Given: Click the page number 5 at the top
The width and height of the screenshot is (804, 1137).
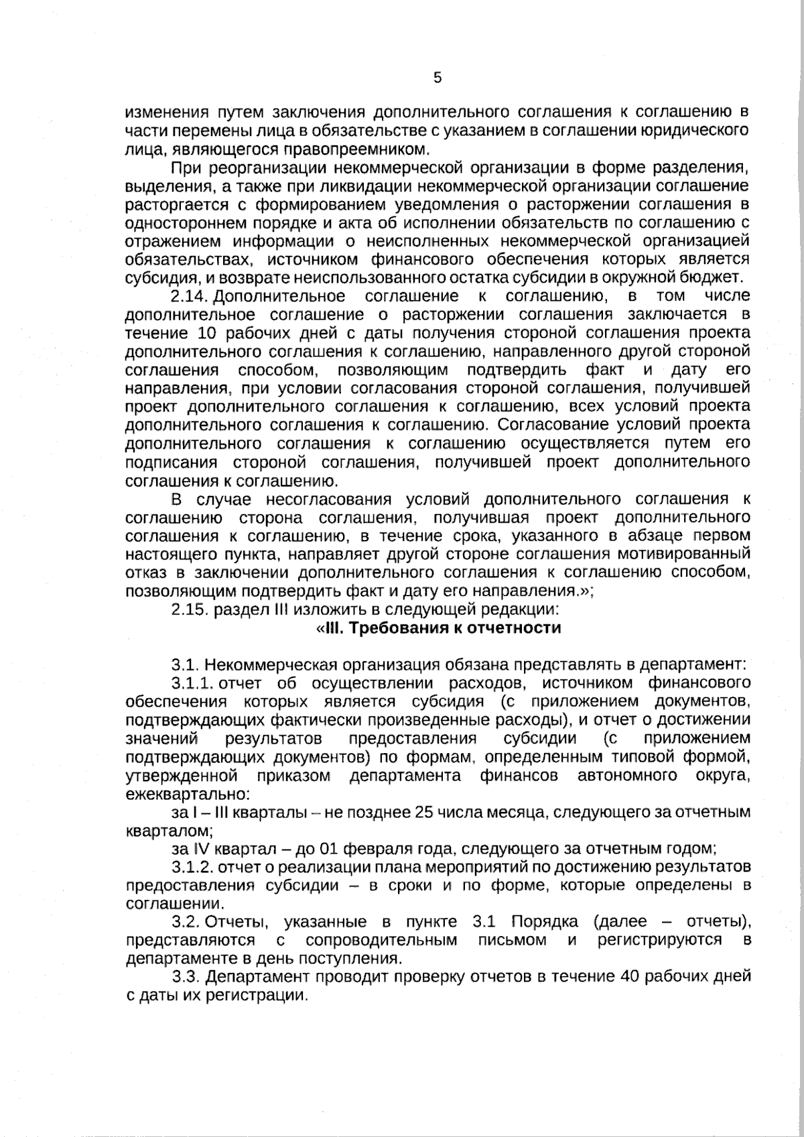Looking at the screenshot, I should point(437,78).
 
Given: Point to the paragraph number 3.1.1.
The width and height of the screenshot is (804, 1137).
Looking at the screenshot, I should point(192,683).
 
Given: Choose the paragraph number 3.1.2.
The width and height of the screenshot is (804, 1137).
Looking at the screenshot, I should point(192,867).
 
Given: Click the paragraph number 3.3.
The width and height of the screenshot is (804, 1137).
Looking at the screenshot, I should point(186,977).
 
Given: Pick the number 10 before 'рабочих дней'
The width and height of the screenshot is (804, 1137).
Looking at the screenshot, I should point(207,333).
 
